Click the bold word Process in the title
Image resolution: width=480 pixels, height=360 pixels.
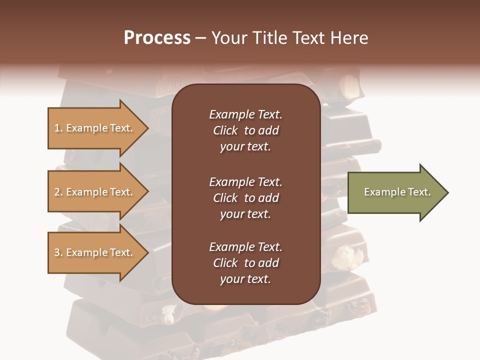[157, 38]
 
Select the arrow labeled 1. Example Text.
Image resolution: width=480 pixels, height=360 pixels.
[95, 128]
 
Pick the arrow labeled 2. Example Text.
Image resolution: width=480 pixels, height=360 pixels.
[95, 192]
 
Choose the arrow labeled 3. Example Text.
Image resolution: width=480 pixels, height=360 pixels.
[95, 252]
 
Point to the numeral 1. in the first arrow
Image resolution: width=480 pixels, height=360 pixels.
[58, 128]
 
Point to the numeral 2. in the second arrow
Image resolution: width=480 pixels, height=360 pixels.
[58, 192]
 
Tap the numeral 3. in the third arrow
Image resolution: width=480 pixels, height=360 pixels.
[58, 252]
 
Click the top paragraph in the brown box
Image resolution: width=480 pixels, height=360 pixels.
[245, 130]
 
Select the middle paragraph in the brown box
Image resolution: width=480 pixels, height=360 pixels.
[245, 197]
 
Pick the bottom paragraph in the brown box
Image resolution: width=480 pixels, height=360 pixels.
[245, 263]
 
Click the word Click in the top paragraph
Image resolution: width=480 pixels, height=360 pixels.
[225, 130]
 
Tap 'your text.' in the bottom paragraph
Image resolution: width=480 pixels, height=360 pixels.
[245, 279]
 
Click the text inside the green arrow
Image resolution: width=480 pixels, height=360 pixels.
[397, 192]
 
